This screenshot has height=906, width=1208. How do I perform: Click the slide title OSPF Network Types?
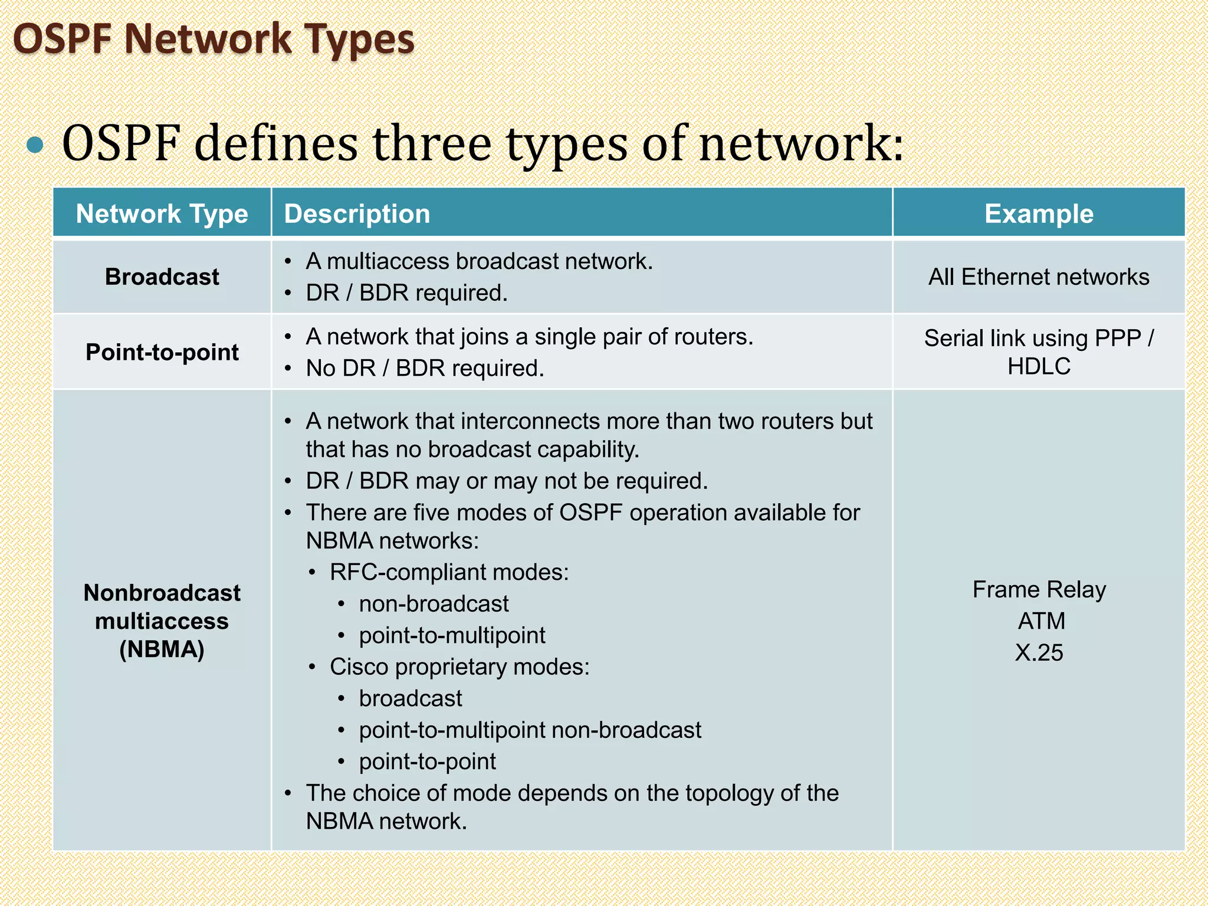214,40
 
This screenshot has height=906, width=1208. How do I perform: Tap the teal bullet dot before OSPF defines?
35,145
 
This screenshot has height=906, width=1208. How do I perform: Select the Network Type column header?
162,214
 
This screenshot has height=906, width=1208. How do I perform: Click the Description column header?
357,214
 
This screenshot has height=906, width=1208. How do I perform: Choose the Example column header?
1039,214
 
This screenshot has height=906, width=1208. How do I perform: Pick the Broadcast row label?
162,277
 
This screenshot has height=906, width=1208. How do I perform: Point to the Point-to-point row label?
162,352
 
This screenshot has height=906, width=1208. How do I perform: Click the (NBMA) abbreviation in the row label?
162,649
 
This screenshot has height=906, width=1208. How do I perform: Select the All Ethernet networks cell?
1039,277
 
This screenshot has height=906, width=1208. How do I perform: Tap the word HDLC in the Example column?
1039,366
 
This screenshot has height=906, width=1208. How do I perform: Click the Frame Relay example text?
1039,589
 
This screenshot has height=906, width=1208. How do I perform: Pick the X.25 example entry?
1039,652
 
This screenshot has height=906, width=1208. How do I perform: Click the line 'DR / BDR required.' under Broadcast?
406,293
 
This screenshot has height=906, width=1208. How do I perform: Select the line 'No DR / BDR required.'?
425,368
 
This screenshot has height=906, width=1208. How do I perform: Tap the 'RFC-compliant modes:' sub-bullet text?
449,572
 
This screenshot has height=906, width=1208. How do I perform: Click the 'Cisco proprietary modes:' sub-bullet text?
459,667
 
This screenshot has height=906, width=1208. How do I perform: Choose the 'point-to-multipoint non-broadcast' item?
530,730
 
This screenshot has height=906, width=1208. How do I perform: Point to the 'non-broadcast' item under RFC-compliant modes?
434,604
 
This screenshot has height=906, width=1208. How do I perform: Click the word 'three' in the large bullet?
432,145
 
